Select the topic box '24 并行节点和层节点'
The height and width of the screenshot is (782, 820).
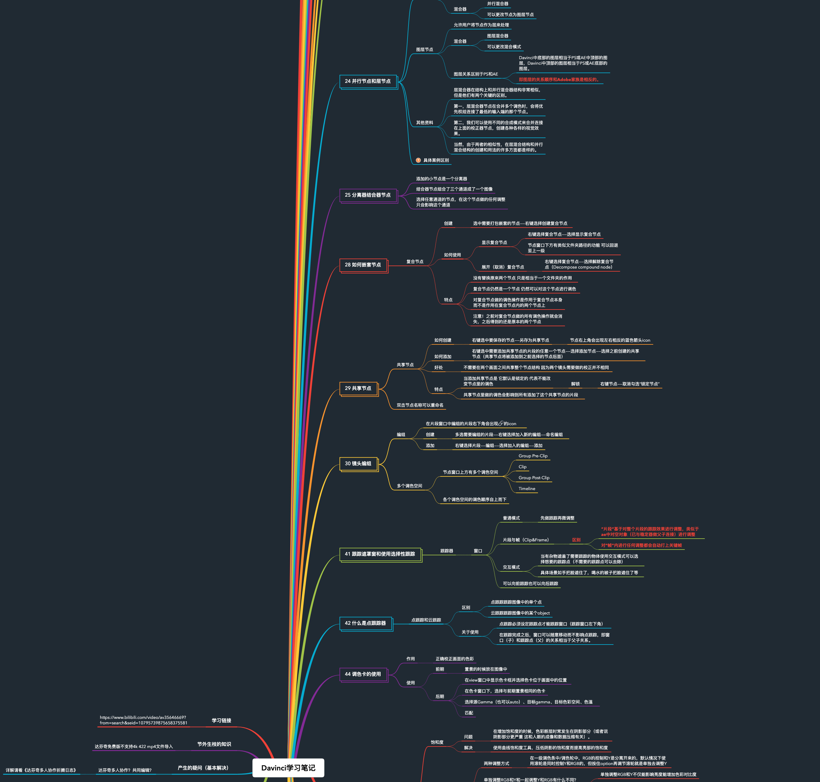pos(368,81)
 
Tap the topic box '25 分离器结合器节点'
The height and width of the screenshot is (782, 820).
pos(368,195)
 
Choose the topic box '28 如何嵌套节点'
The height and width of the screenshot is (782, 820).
pos(363,265)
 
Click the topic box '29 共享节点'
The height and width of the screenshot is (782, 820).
pos(358,388)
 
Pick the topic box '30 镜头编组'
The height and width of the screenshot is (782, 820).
pos(358,464)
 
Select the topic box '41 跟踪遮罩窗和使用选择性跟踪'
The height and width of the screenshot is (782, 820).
pos(380,554)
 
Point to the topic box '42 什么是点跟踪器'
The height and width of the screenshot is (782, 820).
pos(365,623)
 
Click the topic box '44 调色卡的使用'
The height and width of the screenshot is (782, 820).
pos(363,674)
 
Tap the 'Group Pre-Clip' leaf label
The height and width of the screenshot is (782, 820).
pos(533,456)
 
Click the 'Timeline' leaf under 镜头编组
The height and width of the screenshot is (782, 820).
pos(527,489)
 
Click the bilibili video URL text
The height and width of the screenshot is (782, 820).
pos(143,720)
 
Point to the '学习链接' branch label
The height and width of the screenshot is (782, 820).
pos(221,720)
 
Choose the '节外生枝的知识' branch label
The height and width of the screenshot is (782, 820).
pos(214,744)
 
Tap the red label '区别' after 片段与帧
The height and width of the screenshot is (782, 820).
pos(576,540)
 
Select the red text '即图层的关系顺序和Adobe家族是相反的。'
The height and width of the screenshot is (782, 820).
pos(559,80)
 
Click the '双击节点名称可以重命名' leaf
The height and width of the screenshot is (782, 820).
pos(420,405)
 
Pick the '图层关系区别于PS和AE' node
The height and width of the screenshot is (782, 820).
pos(476,74)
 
